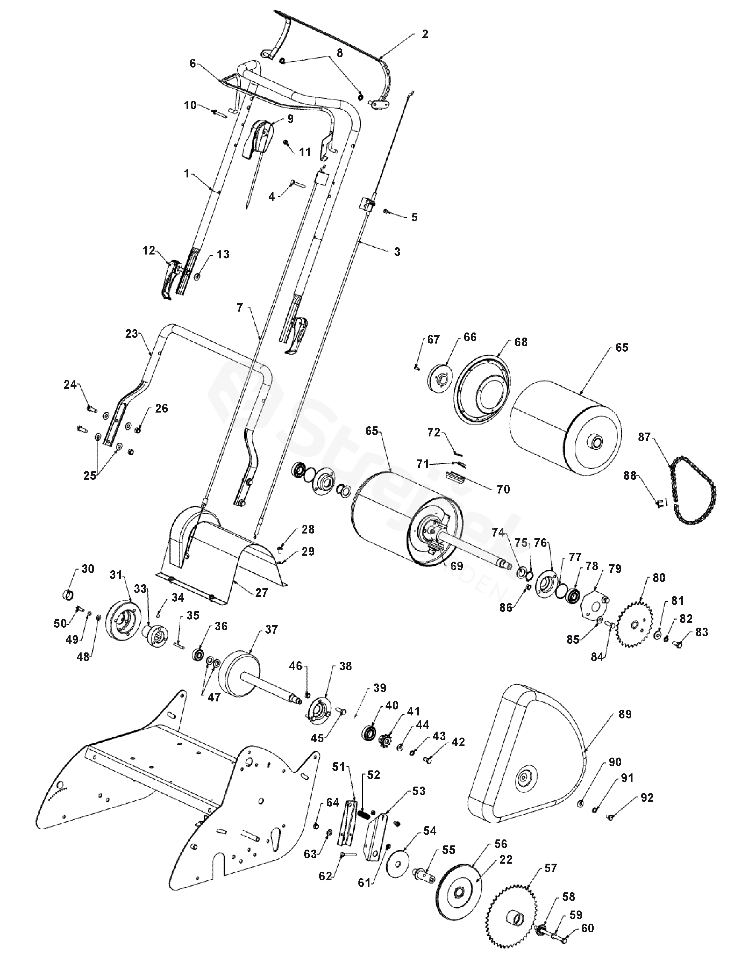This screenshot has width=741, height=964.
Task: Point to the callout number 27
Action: click(262, 593)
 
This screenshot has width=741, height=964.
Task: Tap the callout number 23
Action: click(132, 334)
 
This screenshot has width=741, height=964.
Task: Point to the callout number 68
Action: click(521, 342)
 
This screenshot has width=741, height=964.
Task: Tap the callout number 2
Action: click(425, 34)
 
